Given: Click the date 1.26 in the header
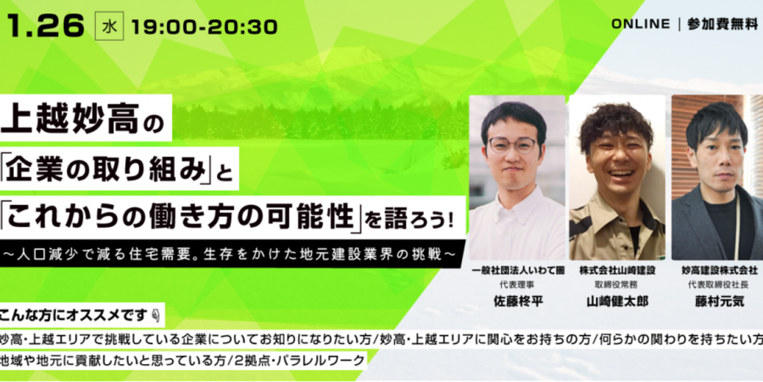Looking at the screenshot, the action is (45, 27).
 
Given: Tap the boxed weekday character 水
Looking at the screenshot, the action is (110, 28).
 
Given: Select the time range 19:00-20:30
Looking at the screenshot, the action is (204, 28).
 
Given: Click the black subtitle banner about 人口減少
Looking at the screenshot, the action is (230, 254).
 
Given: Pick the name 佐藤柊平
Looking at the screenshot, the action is (518, 301).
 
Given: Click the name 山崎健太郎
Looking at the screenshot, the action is (618, 301).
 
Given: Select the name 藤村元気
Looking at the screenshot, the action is (720, 301).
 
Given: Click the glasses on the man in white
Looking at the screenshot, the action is (512, 144).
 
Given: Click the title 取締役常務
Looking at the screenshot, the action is (617, 285).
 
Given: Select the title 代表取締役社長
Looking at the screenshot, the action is (720, 285).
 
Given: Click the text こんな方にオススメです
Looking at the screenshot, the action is (73, 316).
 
